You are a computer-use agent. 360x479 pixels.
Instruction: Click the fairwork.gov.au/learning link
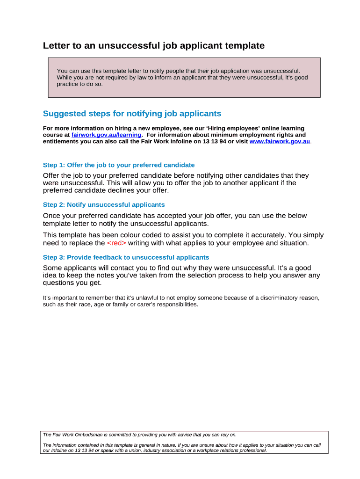coord(106,135)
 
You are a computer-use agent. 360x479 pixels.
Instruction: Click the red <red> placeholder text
coord(116,243)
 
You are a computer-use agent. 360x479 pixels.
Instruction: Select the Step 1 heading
coord(119,165)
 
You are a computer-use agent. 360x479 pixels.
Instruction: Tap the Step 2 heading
coord(104,205)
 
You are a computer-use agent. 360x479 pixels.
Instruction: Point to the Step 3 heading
coord(126,258)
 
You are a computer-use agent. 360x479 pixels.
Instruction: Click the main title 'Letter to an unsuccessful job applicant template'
coord(154,46)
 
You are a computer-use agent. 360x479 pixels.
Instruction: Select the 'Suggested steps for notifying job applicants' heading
coord(132,114)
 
